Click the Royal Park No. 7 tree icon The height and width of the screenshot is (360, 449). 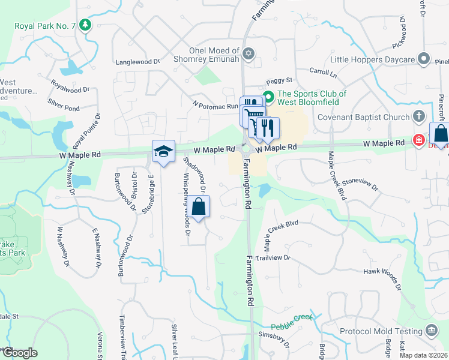[86, 25]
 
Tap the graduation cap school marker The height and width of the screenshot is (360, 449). [163, 152]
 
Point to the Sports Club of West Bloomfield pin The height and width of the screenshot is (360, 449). [270, 95]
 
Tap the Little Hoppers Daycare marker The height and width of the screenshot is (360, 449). [424, 59]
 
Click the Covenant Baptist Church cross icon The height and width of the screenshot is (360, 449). [421, 116]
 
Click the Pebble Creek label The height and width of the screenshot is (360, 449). [292, 322]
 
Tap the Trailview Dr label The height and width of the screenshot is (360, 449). [273, 257]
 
